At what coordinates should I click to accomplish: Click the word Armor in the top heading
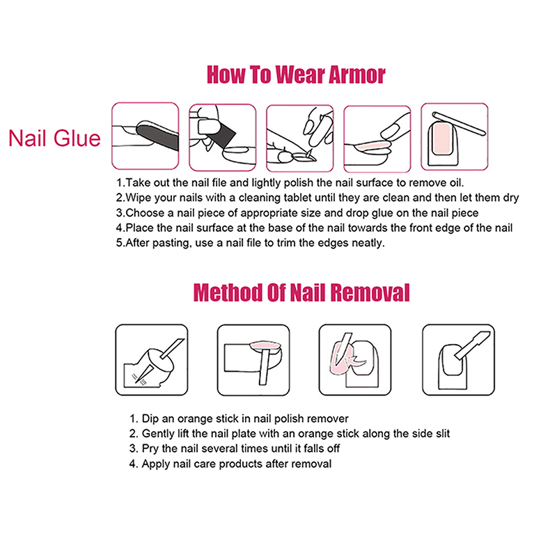tap(356, 74)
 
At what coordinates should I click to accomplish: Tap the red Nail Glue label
tap(55, 138)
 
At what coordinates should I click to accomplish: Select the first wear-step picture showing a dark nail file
tap(146, 136)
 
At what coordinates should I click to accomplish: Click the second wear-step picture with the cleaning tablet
tap(222, 137)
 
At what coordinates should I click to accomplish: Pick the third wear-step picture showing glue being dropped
tap(300, 138)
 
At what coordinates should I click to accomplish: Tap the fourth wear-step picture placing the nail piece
tap(377, 139)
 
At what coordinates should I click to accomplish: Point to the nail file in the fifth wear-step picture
tap(459, 123)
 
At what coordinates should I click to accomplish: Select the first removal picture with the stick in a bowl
tap(152, 360)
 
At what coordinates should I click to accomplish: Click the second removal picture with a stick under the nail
tap(253, 360)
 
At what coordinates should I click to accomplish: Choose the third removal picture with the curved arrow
tap(355, 360)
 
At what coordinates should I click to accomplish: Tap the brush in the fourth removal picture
tap(473, 345)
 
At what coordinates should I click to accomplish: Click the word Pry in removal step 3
tap(150, 449)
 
